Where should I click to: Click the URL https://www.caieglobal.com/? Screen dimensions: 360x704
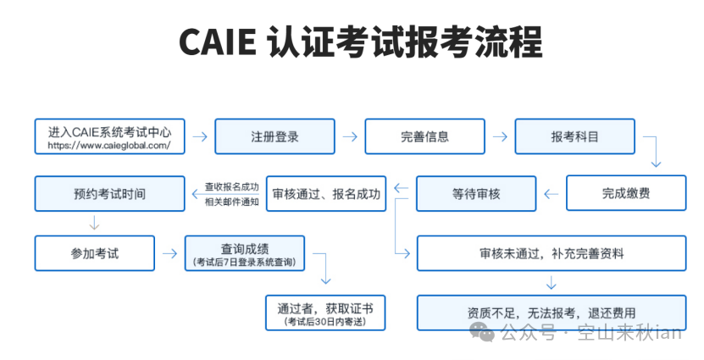tap(103, 145)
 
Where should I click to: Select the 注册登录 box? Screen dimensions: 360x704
tap(274, 136)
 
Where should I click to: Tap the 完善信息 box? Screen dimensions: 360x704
tap(424, 136)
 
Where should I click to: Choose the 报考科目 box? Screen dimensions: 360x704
tap(574, 136)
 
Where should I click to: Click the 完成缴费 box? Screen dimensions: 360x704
tap(626, 193)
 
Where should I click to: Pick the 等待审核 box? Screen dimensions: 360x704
tap(476, 193)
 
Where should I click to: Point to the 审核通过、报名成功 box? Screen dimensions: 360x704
tap(326, 193)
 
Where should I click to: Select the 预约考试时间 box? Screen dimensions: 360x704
tap(109, 193)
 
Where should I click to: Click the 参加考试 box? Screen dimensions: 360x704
tap(94, 252)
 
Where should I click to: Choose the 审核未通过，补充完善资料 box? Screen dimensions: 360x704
tap(552, 252)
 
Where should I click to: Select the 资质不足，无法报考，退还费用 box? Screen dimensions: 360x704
tap(552, 312)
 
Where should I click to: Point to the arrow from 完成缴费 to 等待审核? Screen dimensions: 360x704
tap(552, 194)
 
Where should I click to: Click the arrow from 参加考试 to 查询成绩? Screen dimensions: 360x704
tap(169, 252)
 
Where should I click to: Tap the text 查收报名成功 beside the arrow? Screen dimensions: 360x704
tap(231, 186)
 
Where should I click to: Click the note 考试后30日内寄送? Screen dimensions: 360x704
tap(325, 322)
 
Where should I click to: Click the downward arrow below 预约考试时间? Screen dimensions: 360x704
tap(94, 224)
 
